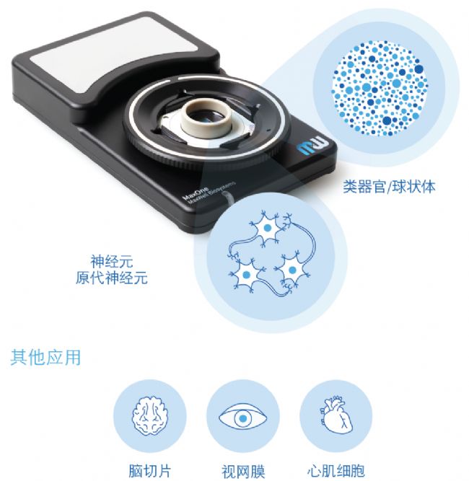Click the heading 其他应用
pyautogui.click(x=45, y=357)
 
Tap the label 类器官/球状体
pyautogui.click(x=389, y=187)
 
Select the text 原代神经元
pyautogui.click(x=112, y=278)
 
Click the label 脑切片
pyautogui.click(x=149, y=471)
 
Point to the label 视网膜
pyautogui.click(x=243, y=471)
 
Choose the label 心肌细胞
pyautogui.click(x=336, y=471)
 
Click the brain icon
pyautogui.click(x=150, y=415)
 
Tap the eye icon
pyautogui.click(x=242, y=418)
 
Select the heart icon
pyautogui.click(x=336, y=415)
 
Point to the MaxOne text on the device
pyautogui.click(x=196, y=193)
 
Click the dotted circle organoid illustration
pyautogui.click(x=380, y=88)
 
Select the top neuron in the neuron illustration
pyautogui.click(x=268, y=228)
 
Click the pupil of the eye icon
pyautogui.click(x=242, y=418)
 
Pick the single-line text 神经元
pyautogui.click(x=112, y=261)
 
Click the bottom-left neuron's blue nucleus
pyautogui.click(x=246, y=275)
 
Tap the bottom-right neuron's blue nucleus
pyautogui.click(x=292, y=270)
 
